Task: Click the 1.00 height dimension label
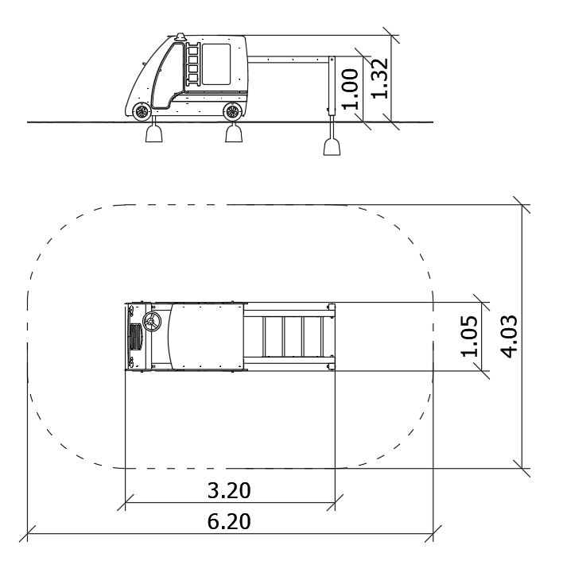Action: coord(350,89)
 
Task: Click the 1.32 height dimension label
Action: coord(379,79)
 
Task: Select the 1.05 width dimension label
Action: coord(469,336)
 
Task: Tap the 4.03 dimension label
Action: coord(509,336)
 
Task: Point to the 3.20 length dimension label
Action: coord(229,490)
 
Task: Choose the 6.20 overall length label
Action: coord(229,521)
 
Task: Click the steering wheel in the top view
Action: coord(152,322)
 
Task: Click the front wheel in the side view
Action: coord(142,112)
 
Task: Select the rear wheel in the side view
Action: coord(232,112)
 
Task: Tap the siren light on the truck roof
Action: coord(181,37)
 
